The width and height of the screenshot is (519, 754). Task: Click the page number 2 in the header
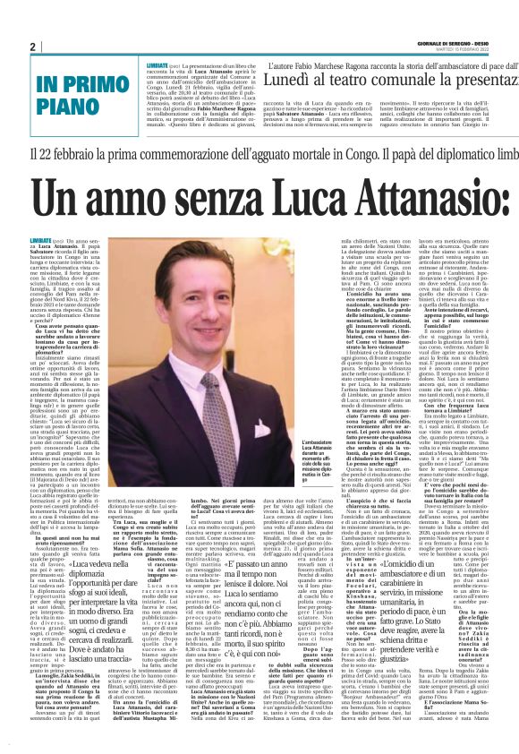(33, 47)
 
